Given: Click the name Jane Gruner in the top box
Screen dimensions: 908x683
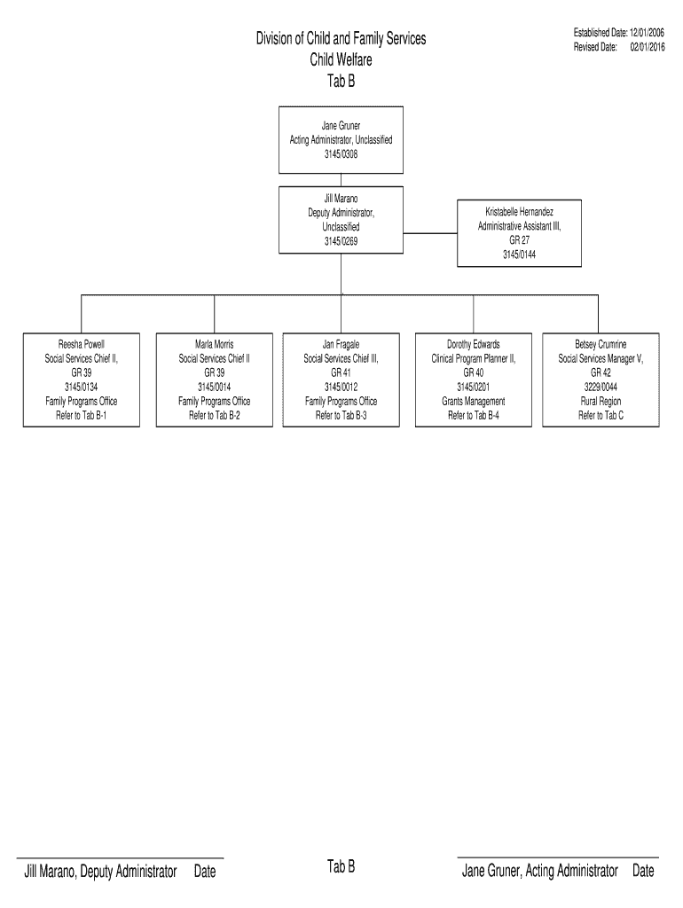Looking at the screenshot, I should point(341,126).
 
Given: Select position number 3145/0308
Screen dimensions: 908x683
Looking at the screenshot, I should point(341,153).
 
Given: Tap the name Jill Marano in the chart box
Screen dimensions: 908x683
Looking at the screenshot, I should point(341,200).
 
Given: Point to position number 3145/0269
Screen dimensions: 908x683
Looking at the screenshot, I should point(341,241).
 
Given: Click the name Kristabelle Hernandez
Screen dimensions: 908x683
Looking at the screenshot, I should point(519,213).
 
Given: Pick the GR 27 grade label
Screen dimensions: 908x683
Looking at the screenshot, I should point(519,240).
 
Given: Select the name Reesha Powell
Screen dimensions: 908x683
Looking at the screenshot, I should point(82,344).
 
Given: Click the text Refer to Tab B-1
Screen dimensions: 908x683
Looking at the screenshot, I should point(82,415).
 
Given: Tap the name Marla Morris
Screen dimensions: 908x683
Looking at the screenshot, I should point(215,344).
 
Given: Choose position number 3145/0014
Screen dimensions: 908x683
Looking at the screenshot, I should point(215,387).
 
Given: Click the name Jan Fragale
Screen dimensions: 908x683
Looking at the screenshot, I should point(341,344).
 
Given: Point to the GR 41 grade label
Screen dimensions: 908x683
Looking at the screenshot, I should point(341,372).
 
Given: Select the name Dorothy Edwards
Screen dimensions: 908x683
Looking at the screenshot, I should point(474,344).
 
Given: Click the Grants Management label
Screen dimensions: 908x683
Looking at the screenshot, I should point(474,401).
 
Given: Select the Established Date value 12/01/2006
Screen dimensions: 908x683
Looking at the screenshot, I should point(648,33).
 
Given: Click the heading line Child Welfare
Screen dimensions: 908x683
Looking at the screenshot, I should point(341,60).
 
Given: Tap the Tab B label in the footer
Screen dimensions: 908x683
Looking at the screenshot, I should point(341,867).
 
